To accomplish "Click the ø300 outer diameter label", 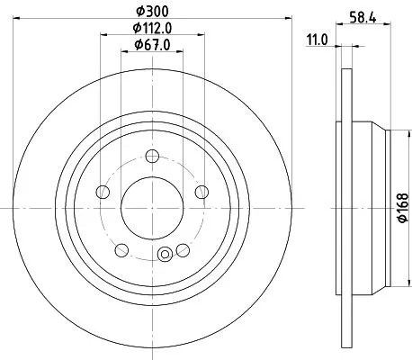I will click(x=149, y=10).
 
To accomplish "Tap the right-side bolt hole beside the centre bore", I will click(x=201, y=192).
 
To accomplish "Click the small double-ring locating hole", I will click(x=163, y=256).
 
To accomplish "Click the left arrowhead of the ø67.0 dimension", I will click(x=125, y=54).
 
